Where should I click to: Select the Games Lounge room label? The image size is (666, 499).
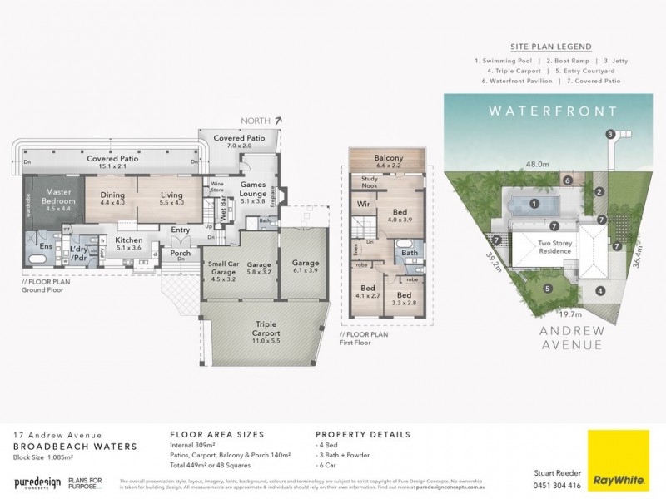pos(252,188)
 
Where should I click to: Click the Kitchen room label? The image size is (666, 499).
pos(128,242)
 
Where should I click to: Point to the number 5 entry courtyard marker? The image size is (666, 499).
pos(548,289)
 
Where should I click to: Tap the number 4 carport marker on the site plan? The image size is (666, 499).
pos(599,291)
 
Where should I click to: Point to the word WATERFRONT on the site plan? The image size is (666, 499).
pos(552,111)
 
